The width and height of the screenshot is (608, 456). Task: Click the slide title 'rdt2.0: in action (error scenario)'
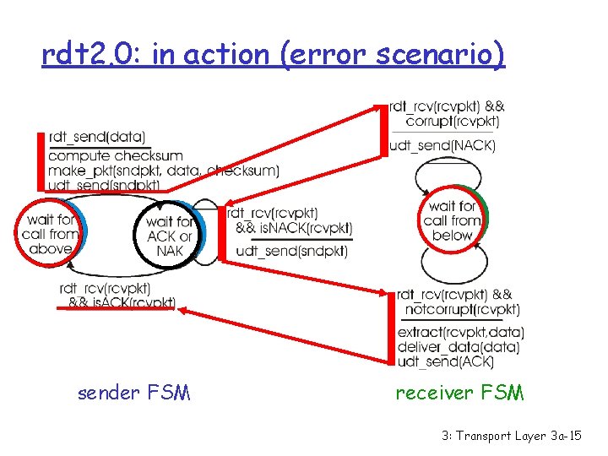(274, 56)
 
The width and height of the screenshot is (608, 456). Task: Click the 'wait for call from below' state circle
(453, 220)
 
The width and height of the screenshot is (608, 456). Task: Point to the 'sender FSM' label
(133, 393)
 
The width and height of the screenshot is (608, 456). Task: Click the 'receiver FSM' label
(460, 393)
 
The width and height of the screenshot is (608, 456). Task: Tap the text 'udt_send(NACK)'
(442, 146)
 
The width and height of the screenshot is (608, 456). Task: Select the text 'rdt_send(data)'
(97, 138)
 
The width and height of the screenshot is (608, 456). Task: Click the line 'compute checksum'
(116, 155)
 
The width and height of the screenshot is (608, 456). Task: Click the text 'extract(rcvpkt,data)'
(460, 332)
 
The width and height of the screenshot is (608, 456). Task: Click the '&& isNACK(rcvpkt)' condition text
(293, 228)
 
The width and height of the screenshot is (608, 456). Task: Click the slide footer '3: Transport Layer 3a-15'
(511, 436)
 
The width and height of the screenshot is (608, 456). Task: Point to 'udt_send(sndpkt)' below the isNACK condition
(292, 251)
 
